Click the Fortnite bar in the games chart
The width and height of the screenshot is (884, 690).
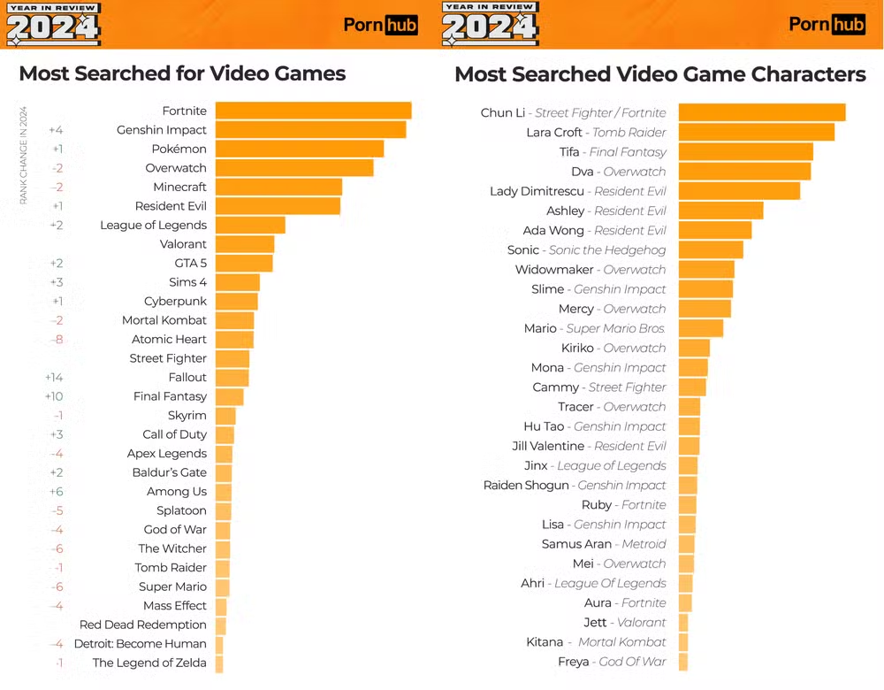[x=313, y=111]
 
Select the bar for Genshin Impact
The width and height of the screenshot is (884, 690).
[x=310, y=130]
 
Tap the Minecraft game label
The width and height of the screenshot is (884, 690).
[x=179, y=187]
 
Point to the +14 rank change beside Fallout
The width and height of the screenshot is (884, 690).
[x=54, y=377]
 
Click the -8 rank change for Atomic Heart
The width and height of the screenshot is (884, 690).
[x=57, y=339]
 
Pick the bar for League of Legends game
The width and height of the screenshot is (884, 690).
[x=250, y=225]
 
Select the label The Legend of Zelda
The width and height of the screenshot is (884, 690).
[x=149, y=663]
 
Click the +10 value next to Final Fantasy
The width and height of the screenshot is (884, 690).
[x=54, y=396]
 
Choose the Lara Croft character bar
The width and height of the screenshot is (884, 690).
[x=757, y=132]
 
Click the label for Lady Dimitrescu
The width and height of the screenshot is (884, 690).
[x=577, y=191]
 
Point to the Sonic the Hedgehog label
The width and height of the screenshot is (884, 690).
[x=586, y=250]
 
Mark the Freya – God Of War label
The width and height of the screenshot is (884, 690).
[x=612, y=662]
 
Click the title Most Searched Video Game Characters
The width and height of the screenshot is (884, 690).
[x=659, y=74]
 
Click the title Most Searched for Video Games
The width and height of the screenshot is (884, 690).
[x=182, y=73]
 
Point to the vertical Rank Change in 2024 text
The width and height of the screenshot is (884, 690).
[x=24, y=156]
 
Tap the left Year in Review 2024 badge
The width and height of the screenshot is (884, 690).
[x=53, y=24]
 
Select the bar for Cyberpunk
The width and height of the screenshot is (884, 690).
[x=236, y=301]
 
